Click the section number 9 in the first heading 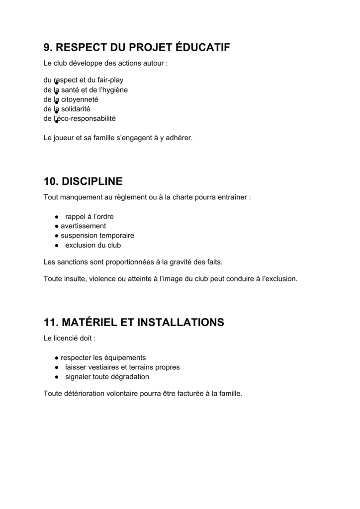click(47, 48)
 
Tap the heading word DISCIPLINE click(92, 181)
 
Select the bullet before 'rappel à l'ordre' click(57, 217)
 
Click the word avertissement click(83, 226)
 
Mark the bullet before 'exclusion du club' click(57, 246)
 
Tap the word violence click(102, 279)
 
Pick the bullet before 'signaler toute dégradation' click(57, 377)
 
